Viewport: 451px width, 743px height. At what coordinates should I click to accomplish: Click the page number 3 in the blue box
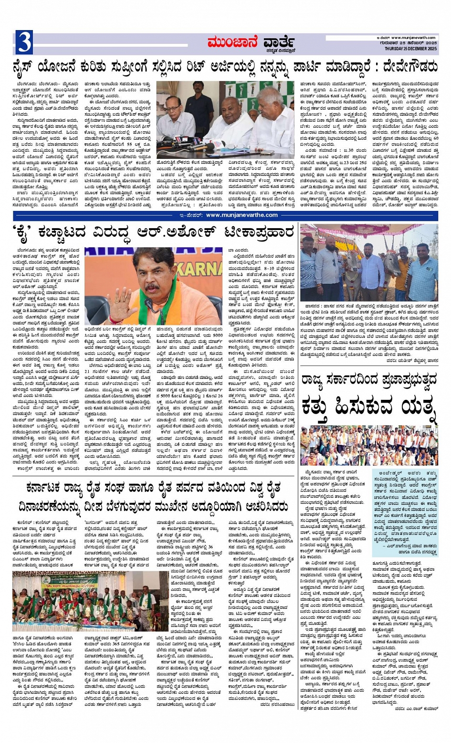24,42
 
